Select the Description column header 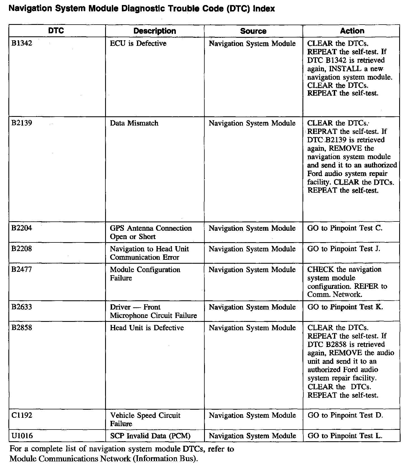click(155, 31)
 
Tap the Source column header click(253, 31)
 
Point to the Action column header click(352, 31)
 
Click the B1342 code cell click(22, 44)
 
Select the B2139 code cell click(22, 123)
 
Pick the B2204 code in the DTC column click(22, 228)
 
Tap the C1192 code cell click(22, 415)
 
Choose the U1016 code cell click(22, 436)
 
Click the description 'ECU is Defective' click(138, 44)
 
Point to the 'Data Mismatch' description click(134, 123)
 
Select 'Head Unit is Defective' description click(147, 328)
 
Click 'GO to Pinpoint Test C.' click(345, 228)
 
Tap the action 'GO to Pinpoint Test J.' click(344, 249)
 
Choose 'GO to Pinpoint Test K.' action click(345, 307)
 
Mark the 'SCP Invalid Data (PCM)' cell click(150, 436)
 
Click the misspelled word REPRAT click(322, 131)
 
